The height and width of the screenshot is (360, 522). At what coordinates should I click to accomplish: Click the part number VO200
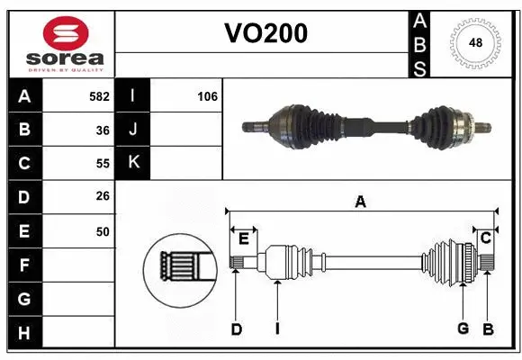click(x=265, y=33)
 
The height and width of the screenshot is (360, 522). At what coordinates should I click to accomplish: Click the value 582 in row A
click(x=99, y=96)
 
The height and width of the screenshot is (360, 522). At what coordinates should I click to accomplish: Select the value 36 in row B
click(x=103, y=130)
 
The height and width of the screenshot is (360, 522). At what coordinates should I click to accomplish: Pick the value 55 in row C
click(x=103, y=164)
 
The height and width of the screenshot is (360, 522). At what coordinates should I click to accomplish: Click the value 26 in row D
click(x=103, y=197)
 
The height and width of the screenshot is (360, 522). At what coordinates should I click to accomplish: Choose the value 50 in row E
click(x=103, y=231)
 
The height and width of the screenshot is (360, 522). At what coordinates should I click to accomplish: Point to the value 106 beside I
click(x=207, y=96)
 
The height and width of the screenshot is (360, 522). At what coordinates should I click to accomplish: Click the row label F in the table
click(x=24, y=265)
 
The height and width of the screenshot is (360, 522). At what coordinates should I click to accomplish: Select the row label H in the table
click(x=24, y=333)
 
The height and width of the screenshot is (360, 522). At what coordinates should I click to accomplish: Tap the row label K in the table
click(x=133, y=163)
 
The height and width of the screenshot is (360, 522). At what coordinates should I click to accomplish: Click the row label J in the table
click(x=133, y=130)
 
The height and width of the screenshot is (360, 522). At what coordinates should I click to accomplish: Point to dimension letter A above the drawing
click(x=360, y=202)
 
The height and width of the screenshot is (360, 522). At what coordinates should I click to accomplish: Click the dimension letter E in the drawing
click(x=243, y=238)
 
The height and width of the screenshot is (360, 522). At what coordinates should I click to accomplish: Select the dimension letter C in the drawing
click(x=485, y=238)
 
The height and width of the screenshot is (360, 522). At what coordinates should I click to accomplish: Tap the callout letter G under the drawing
click(x=463, y=328)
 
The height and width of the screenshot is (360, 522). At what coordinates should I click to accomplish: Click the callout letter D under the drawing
click(x=236, y=329)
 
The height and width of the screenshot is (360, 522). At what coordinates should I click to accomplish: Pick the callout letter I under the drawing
click(x=277, y=329)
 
